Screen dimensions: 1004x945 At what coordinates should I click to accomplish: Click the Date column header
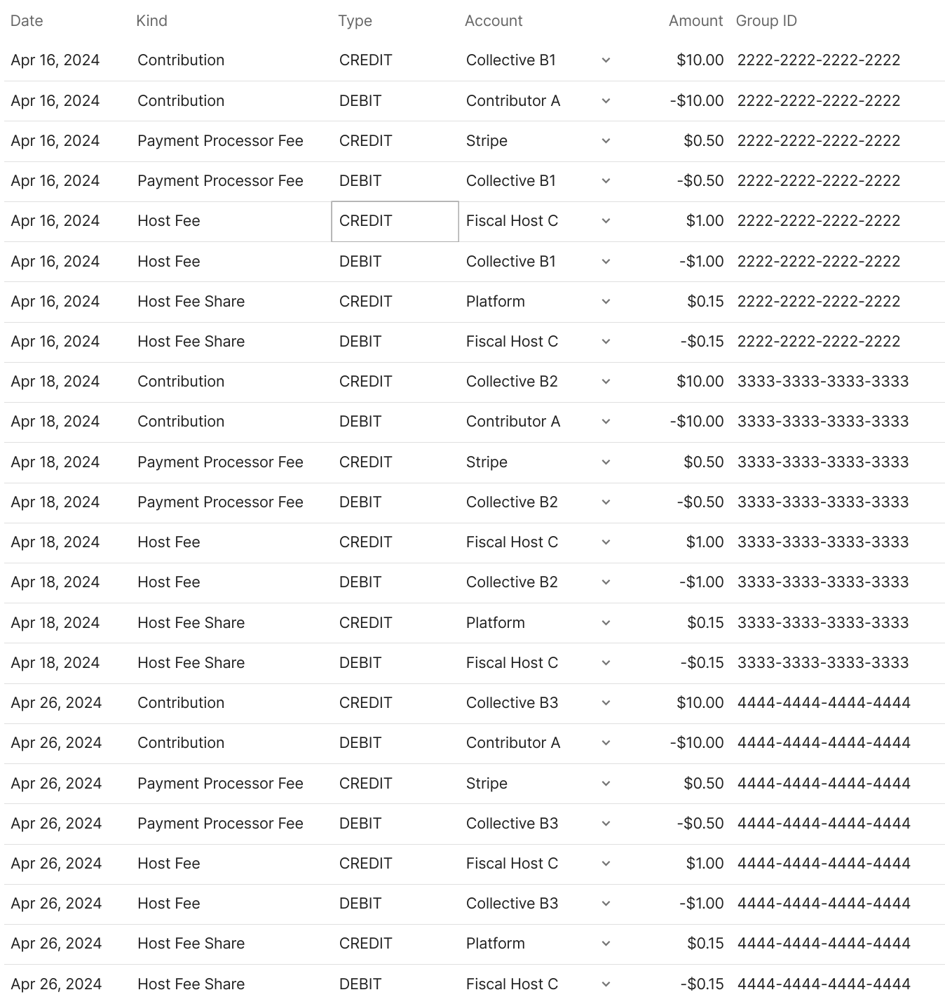pos(27,21)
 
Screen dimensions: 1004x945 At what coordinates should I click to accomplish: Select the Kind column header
pos(151,21)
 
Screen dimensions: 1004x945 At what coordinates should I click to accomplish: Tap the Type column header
pos(355,21)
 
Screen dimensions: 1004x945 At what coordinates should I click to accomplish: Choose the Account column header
pos(494,21)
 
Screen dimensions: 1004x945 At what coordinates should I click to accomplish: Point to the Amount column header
pos(695,21)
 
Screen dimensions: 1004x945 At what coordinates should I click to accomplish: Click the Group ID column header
pos(766,21)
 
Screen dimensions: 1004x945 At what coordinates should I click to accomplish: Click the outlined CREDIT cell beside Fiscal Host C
pos(395,221)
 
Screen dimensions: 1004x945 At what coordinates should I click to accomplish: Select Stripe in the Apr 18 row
pos(487,462)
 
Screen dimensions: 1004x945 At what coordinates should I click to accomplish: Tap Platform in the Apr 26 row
pos(496,944)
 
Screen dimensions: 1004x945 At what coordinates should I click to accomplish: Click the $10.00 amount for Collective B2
pos(700,382)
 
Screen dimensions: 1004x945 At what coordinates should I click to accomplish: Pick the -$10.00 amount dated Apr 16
pos(696,101)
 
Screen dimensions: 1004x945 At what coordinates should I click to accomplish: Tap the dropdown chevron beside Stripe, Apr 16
pos(606,141)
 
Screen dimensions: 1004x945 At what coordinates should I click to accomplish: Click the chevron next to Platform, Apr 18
pos(606,623)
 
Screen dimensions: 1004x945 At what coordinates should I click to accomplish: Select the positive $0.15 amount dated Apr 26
pos(705,944)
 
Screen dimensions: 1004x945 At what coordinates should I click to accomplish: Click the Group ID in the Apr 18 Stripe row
pos(823,462)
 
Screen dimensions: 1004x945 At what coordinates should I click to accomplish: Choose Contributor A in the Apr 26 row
pos(513,743)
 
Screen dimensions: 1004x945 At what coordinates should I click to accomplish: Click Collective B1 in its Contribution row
pos(511,60)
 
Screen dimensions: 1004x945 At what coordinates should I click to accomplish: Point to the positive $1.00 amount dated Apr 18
pos(705,542)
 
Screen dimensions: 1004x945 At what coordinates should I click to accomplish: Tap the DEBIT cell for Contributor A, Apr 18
pos(360,422)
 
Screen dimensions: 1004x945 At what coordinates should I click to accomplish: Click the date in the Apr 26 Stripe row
pos(56,784)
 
